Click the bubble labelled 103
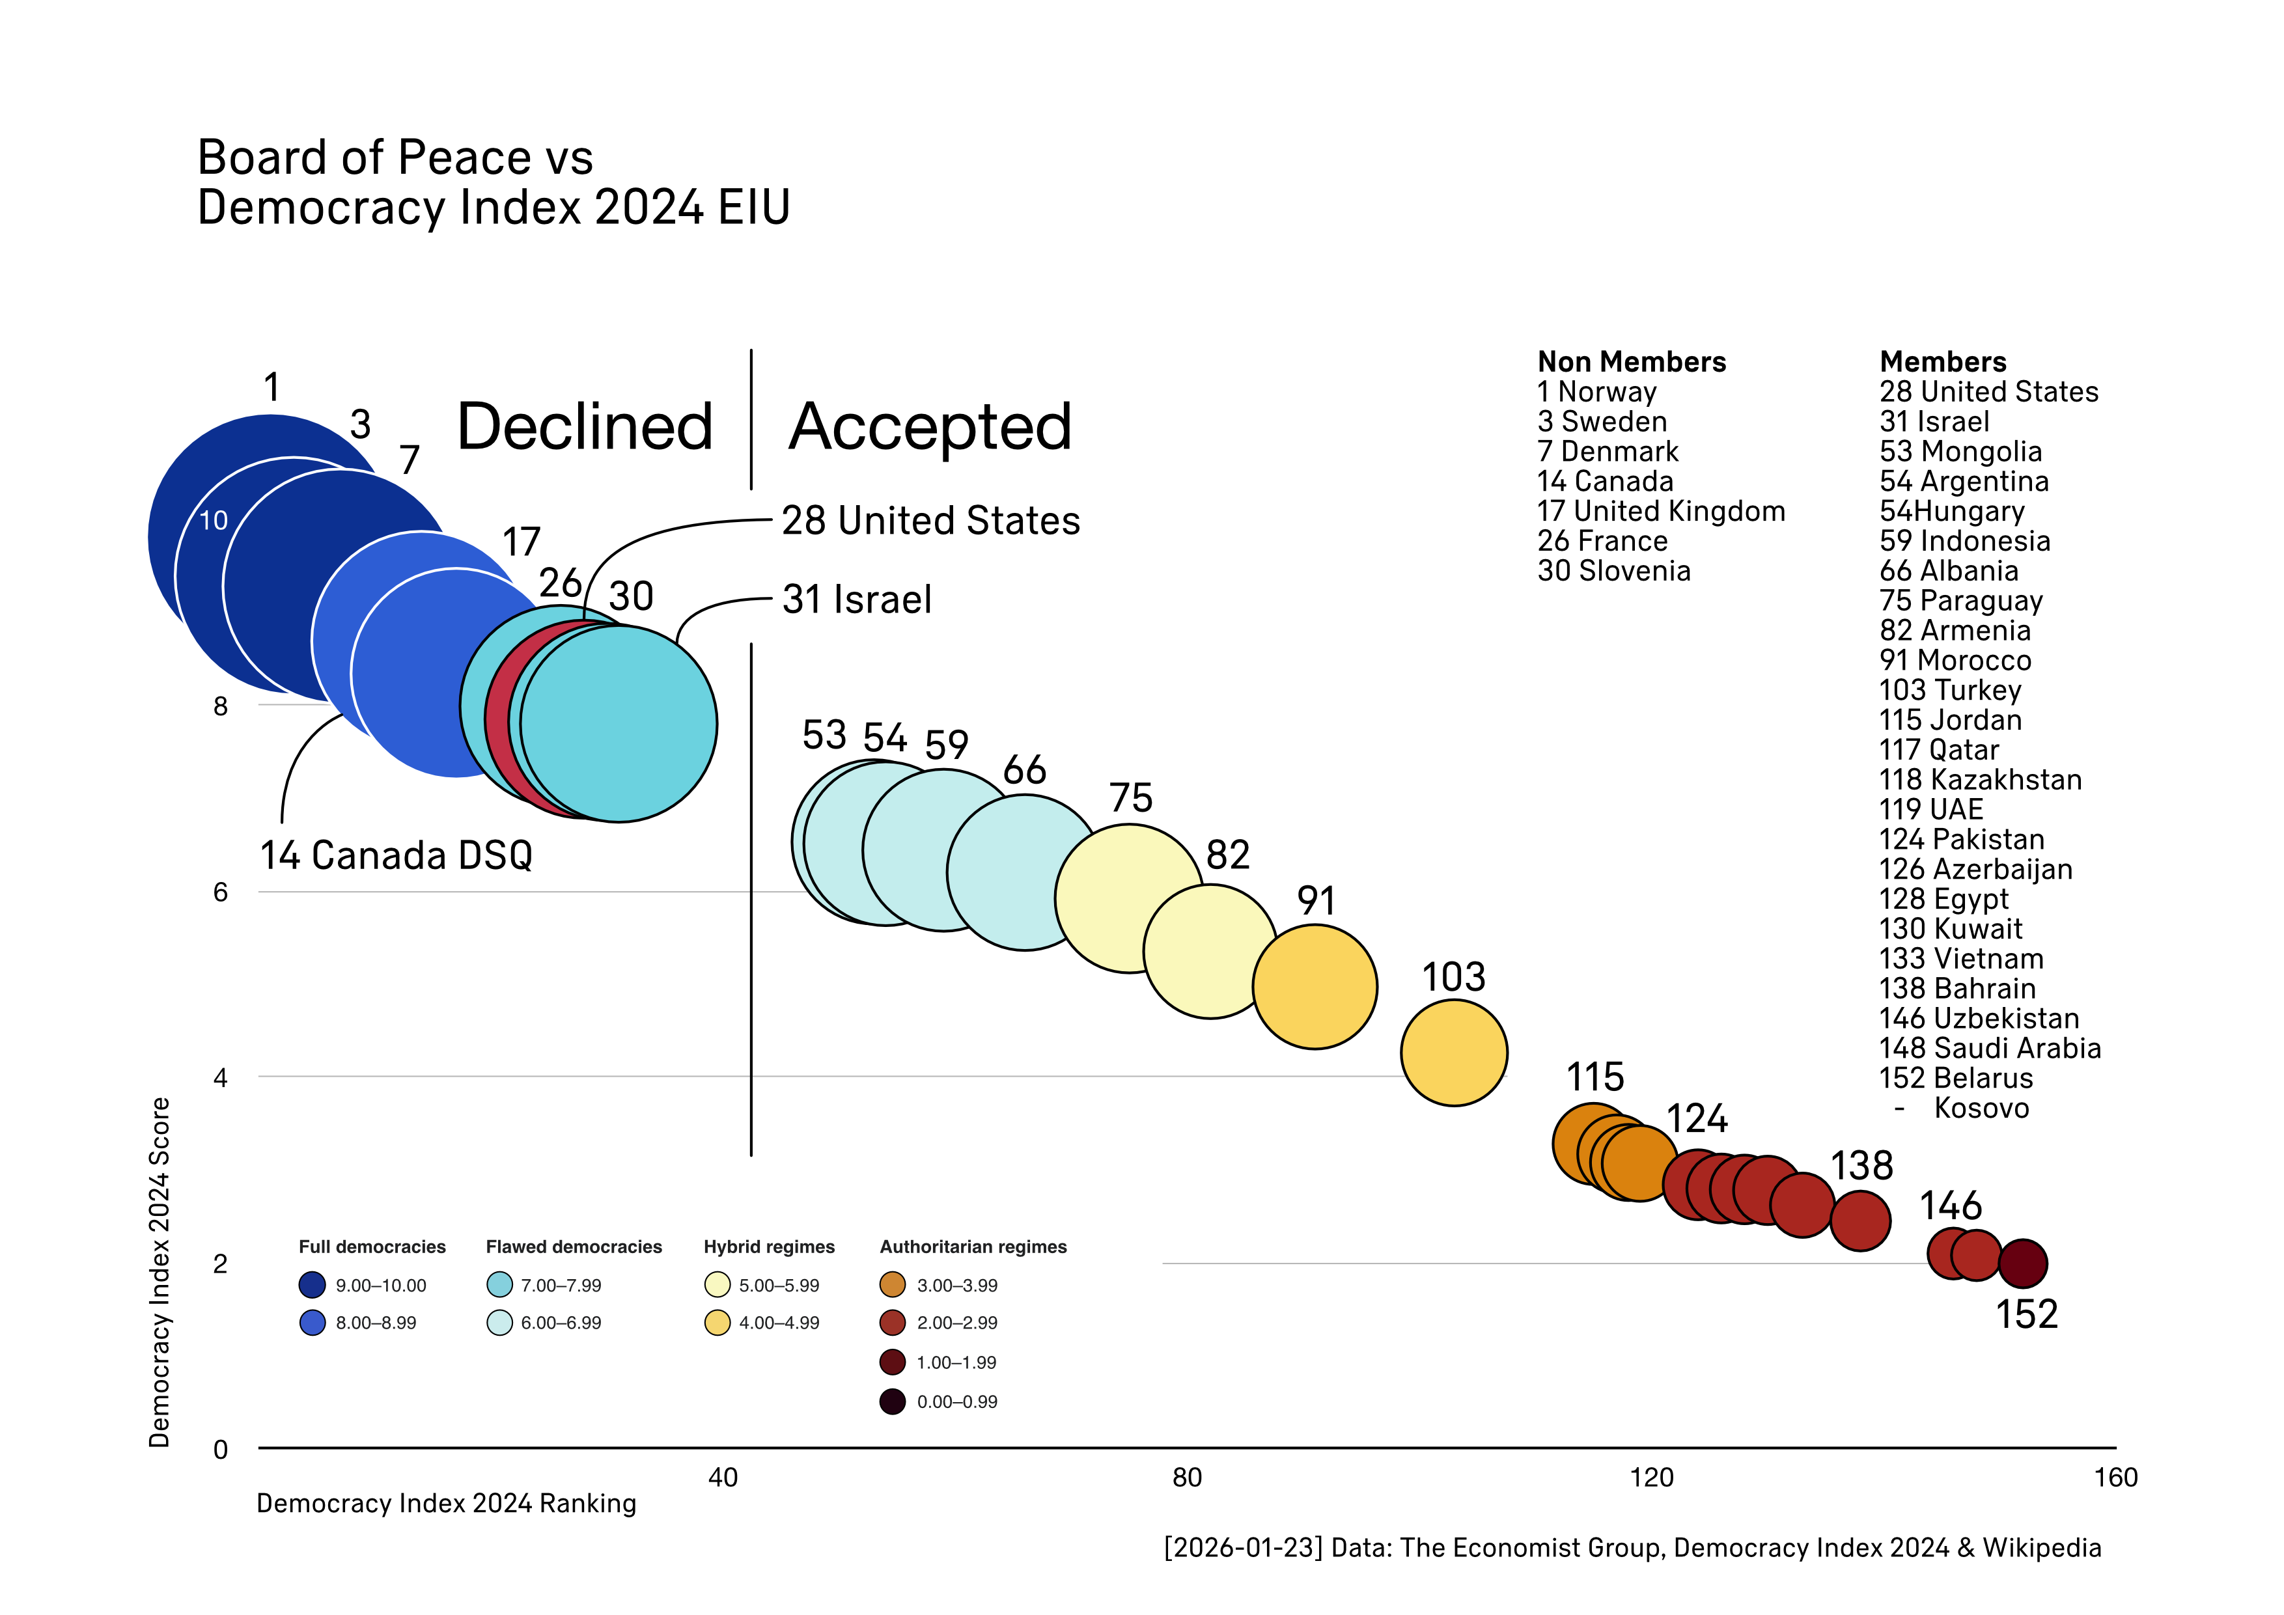[1453, 1052]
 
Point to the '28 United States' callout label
[930, 521]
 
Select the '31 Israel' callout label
[857, 600]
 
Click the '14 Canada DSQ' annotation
[396, 855]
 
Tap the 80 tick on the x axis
[1187, 1478]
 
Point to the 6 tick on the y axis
[221, 892]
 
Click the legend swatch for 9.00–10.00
[313, 1285]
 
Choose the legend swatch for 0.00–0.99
[893, 1401]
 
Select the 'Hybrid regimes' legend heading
[769, 1247]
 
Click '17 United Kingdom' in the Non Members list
[1660, 511]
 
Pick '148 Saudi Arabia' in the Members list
[1990, 1048]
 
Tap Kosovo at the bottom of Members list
[1981, 1108]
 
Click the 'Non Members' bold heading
[1632, 362]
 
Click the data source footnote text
[1632, 1549]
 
